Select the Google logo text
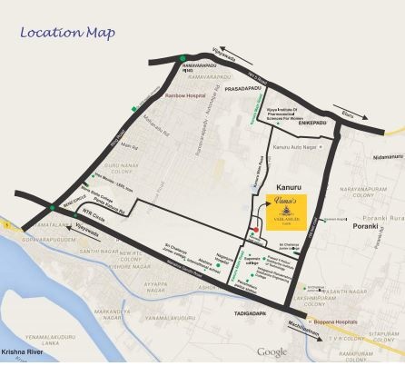coord(271,351)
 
